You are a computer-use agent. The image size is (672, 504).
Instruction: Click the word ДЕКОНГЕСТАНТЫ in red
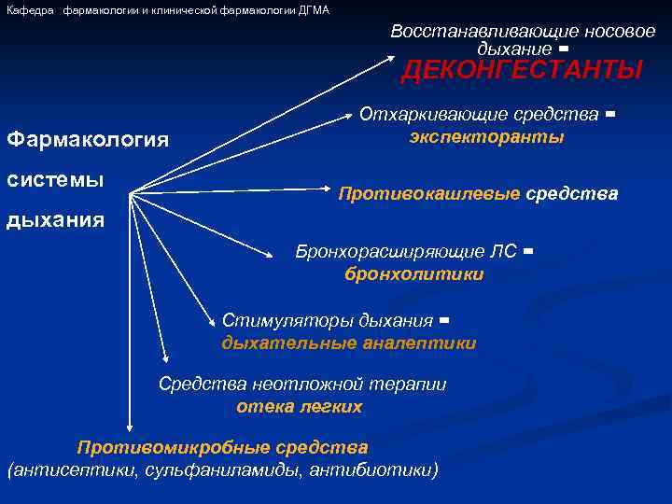(522, 71)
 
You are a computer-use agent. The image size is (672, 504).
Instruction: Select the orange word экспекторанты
(486, 137)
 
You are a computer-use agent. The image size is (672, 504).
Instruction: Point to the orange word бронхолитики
(413, 273)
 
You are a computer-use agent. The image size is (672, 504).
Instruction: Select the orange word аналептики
(428, 343)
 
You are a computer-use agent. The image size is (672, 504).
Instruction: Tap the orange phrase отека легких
(299, 407)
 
